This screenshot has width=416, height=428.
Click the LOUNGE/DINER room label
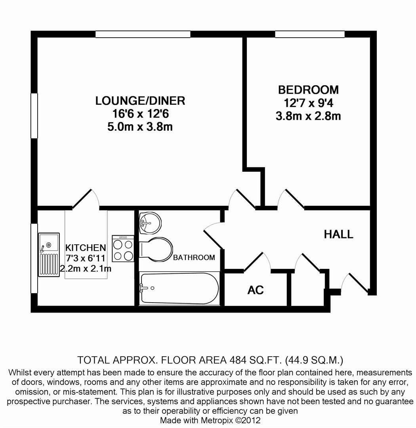click(x=140, y=101)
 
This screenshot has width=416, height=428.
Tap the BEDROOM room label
click(x=308, y=90)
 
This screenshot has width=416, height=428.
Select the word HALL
click(x=338, y=234)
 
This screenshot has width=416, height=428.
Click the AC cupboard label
click(x=255, y=290)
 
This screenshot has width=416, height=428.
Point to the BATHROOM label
click(x=194, y=257)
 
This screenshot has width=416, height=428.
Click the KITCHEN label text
click(x=86, y=248)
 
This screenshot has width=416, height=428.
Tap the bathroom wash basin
click(x=150, y=223)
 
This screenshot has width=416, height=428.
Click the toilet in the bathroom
click(x=156, y=250)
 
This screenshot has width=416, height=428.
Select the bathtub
click(x=179, y=288)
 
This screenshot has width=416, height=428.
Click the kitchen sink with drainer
click(x=49, y=254)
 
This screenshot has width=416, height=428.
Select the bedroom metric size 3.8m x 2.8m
click(x=308, y=116)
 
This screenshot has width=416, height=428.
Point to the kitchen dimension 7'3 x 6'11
click(x=86, y=258)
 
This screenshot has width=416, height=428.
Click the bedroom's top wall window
click(x=309, y=35)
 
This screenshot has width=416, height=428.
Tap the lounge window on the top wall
click(x=143, y=35)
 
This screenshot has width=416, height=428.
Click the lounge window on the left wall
click(x=34, y=115)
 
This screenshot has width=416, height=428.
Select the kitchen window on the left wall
click(x=34, y=258)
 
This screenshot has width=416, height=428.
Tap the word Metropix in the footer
click(x=219, y=420)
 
